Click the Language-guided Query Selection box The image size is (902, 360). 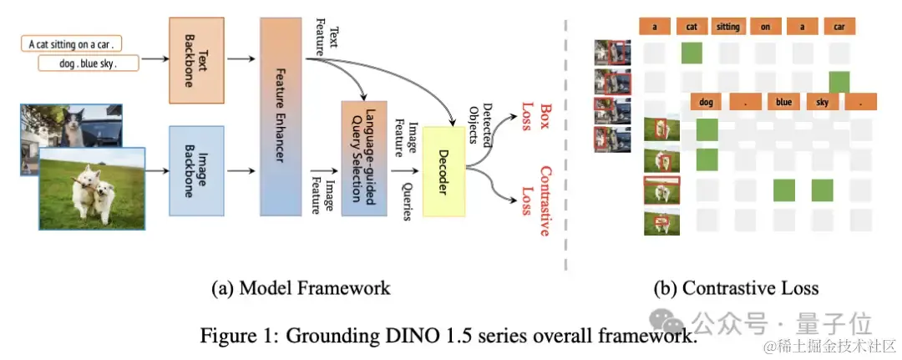click(x=363, y=159)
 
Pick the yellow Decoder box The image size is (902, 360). click(x=443, y=172)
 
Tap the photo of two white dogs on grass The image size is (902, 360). click(x=92, y=188)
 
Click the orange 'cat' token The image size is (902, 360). click(x=692, y=27)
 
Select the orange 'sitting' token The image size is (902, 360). click(x=727, y=27)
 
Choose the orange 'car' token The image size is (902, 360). click(x=839, y=27)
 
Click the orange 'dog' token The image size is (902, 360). click(x=707, y=102)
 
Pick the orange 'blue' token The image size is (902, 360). click(x=783, y=102)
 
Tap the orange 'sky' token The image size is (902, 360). click(x=821, y=102)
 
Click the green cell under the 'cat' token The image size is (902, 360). click(x=692, y=53)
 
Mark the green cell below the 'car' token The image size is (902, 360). click(x=839, y=82)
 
